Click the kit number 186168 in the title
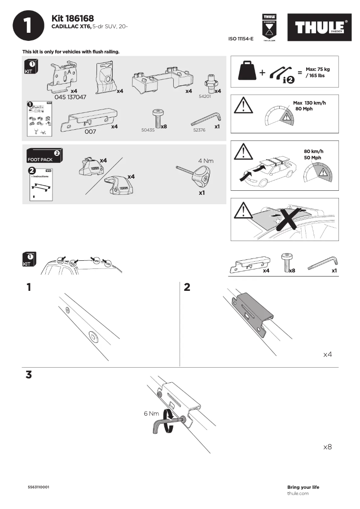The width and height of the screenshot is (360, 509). click(73, 18)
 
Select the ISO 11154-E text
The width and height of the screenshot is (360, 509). click(241, 39)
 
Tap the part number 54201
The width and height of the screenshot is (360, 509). click(205, 97)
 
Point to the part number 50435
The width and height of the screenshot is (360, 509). click(148, 130)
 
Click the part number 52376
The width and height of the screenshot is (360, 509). click(199, 130)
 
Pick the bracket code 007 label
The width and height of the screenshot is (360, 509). click(91, 132)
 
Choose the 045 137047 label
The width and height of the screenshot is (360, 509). click(70, 97)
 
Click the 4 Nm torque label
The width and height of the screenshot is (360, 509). click(206, 161)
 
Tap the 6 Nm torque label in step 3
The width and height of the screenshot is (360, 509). click(151, 413)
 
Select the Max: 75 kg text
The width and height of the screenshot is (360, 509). click(317, 69)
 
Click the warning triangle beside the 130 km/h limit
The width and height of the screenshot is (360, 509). click(242, 106)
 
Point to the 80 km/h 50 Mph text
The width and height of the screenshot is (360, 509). click(313, 154)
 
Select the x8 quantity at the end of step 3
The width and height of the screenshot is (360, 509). click(327, 447)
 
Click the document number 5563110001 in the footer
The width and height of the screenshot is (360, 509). click(39, 487)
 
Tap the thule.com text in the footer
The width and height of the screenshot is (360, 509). click(298, 493)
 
